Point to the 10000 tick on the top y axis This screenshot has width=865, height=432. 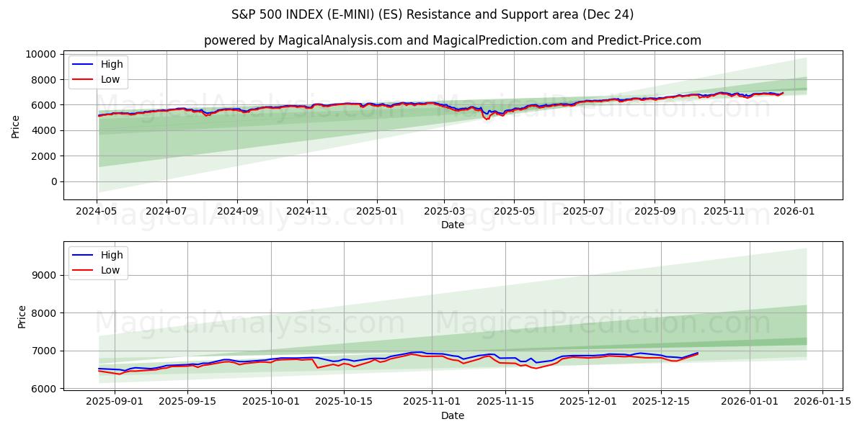[x=40, y=54]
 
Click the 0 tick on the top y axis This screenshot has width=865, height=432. [x=53, y=181]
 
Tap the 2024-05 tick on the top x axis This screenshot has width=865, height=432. [x=97, y=212]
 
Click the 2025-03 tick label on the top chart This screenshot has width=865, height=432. [x=444, y=212]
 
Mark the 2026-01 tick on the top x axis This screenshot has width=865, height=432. [x=794, y=212]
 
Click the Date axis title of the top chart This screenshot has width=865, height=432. [x=452, y=225]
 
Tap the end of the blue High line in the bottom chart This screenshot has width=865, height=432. [x=697, y=353]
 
